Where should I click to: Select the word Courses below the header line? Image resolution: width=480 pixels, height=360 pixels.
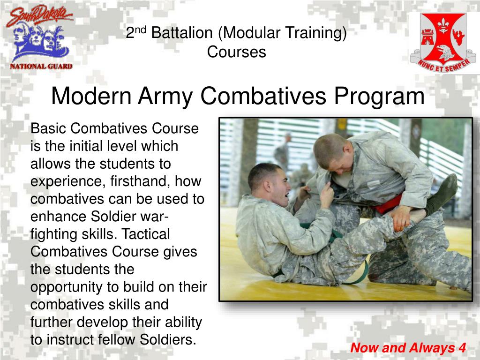[x=236, y=52]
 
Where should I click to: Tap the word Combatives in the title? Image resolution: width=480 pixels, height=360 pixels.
[x=263, y=96]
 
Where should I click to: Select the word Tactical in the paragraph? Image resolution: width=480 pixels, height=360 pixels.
[x=146, y=234]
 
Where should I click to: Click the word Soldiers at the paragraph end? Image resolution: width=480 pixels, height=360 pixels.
[x=168, y=339]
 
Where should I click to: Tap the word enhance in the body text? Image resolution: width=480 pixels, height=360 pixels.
[x=59, y=217]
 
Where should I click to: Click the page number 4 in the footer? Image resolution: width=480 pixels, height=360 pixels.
[x=462, y=348]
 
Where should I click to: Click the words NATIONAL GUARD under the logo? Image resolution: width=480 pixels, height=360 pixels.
[x=41, y=66]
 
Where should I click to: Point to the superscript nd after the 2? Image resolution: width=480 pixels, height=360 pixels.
[x=140, y=30]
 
